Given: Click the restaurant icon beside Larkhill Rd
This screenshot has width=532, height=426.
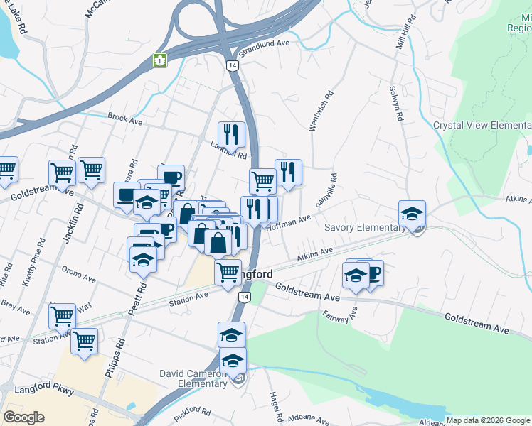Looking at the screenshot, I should point(231,134).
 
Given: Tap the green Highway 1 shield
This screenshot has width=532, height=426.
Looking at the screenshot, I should point(161,61).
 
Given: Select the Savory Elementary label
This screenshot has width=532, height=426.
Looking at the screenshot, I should point(364,228).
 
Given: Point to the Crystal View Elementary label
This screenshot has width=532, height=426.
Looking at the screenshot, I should point(482,126).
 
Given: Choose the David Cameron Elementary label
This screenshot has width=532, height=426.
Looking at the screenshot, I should point(193,378).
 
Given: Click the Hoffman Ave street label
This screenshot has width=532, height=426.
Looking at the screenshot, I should point(288,222).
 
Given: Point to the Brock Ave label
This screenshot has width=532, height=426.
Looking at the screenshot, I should point(125,118).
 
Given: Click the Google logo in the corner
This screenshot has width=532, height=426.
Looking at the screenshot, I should point(23,417).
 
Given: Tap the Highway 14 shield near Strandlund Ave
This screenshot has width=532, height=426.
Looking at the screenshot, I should point(232,65).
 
